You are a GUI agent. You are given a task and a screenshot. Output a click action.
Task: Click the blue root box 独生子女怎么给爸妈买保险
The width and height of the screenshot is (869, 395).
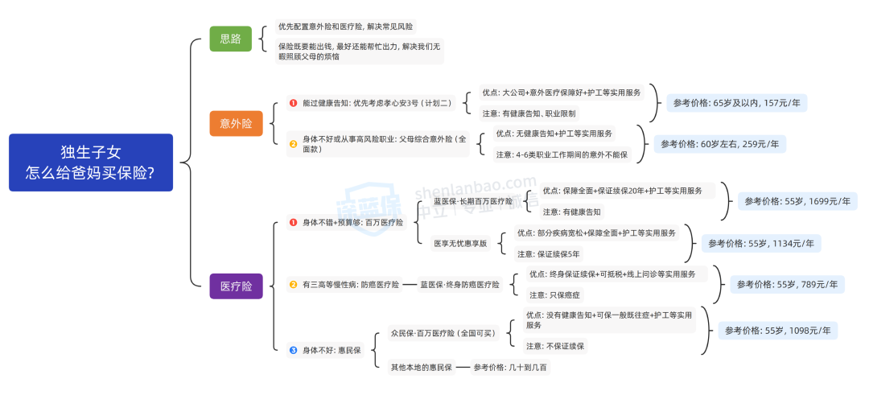click(x=90, y=163)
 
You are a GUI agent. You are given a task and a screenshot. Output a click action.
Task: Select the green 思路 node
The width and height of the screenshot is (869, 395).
click(x=230, y=39)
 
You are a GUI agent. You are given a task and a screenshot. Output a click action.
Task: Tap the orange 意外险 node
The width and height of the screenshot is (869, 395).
click(x=236, y=123)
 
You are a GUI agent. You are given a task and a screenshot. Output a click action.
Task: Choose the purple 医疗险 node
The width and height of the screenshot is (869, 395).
click(x=236, y=286)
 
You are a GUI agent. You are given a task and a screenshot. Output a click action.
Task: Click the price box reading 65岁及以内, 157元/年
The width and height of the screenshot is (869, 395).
click(x=736, y=103)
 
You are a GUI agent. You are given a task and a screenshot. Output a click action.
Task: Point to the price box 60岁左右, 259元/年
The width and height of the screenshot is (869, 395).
click(x=719, y=144)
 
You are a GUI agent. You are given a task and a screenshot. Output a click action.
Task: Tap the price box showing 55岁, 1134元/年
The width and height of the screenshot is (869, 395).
click(x=760, y=243)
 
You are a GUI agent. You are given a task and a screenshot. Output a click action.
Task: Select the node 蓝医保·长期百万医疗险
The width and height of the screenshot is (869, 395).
click(x=473, y=201)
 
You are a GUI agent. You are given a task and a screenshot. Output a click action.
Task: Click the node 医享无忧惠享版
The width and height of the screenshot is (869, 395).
click(x=460, y=243)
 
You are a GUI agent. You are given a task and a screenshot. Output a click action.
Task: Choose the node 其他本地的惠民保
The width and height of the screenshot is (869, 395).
click(x=420, y=367)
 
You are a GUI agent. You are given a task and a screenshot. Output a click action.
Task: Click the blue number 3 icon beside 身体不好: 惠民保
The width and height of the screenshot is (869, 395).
click(x=293, y=350)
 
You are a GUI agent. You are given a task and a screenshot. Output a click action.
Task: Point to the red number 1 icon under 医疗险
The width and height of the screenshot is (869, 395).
click(x=293, y=222)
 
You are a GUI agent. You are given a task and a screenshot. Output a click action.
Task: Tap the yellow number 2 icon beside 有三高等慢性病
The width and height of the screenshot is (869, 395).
click(x=293, y=284)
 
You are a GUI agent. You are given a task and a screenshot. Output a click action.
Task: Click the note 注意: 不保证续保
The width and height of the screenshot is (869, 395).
click(x=556, y=346)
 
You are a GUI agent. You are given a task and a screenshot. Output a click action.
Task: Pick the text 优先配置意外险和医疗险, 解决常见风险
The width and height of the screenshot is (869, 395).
click(x=346, y=27)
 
